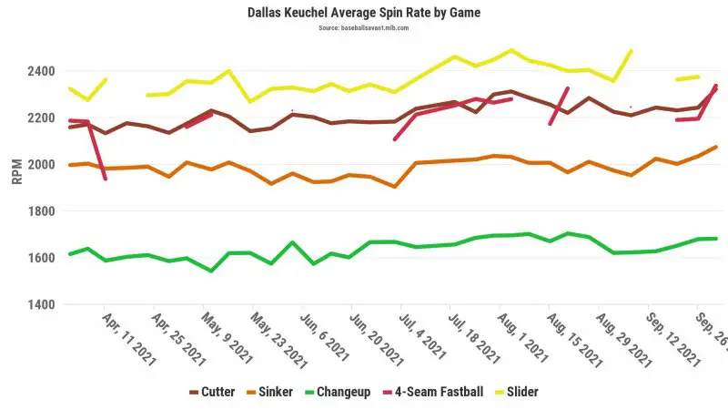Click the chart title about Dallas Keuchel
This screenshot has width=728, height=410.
[x=364, y=13]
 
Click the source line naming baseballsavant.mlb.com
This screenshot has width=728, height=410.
[x=364, y=28]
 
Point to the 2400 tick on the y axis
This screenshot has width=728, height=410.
[x=42, y=71]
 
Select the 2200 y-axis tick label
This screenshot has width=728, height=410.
[x=42, y=118]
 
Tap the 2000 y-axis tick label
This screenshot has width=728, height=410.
[x=42, y=164]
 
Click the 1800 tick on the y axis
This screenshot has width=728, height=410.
[x=42, y=211]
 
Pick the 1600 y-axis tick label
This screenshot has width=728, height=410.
[x=42, y=258]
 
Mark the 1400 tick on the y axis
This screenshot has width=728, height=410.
[x=42, y=304]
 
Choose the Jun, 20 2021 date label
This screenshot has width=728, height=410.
[x=373, y=339]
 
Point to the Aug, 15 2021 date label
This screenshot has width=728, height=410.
[x=571, y=339]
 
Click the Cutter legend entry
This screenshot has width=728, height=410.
[x=211, y=392]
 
